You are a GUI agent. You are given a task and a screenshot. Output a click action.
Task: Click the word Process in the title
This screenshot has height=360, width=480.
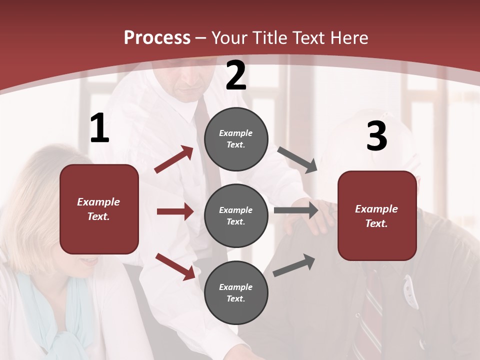(x=157, y=38)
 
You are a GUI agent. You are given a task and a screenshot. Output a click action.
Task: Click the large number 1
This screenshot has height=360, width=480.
(x=99, y=128)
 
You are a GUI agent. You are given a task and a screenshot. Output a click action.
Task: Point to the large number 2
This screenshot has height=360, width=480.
(x=236, y=75)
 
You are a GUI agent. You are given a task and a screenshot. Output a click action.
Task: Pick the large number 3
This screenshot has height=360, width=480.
(x=376, y=136)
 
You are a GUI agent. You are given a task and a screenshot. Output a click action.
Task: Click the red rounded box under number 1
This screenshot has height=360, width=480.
(x=99, y=209)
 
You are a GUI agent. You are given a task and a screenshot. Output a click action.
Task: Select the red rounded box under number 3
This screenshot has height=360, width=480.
(x=377, y=215)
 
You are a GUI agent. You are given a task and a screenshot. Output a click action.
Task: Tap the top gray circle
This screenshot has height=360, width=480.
(x=236, y=139)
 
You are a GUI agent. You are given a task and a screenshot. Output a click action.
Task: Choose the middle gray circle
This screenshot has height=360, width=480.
(x=236, y=215)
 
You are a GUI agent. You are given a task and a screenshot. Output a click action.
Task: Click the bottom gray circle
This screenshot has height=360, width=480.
(x=236, y=292)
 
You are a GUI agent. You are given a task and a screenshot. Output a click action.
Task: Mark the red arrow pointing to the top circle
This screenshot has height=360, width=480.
(x=174, y=159)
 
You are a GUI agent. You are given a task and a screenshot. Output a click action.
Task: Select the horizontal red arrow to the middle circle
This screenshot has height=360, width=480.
(x=175, y=211)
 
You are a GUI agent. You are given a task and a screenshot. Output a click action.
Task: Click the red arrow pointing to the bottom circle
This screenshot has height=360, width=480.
(x=175, y=266)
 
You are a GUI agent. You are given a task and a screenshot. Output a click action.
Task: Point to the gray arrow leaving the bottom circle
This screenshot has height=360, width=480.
(x=294, y=265)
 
